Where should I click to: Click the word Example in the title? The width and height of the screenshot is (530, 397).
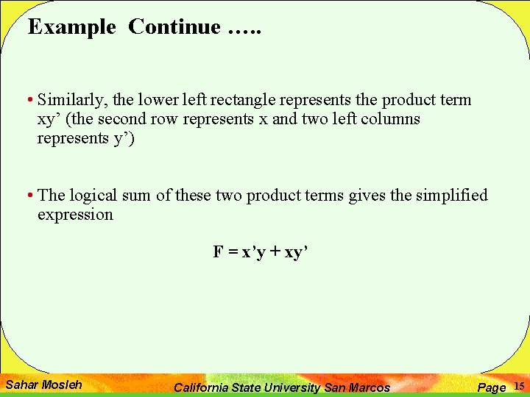coord(71,27)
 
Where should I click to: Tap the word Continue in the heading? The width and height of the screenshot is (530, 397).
coord(174,27)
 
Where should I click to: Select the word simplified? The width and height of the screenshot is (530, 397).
coord(451,196)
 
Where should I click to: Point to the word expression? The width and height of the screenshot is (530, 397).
coord(75,215)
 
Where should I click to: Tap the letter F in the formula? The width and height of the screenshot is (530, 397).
coord(218,252)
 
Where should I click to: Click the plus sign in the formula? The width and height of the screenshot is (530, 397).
coord(276,252)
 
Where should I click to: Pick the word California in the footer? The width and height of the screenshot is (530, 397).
coord(202,387)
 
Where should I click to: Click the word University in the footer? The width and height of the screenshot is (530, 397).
coord(291,387)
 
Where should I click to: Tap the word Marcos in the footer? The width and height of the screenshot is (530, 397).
coord(367,387)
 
